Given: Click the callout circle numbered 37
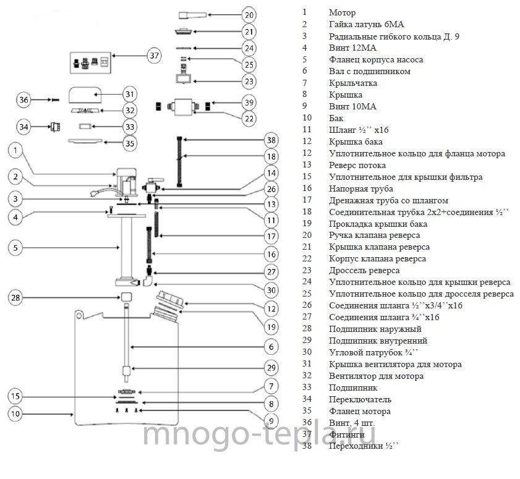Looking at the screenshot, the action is [x=154, y=56].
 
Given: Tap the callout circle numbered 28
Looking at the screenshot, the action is [x=15, y=298].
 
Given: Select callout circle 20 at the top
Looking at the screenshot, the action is [x=249, y=15].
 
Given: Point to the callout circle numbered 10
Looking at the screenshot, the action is [x=15, y=413].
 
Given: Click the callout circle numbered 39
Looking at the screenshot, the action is [x=249, y=103].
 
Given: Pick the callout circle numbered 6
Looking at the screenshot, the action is [x=271, y=347].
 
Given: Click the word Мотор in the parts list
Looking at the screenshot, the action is [x=343, y=12].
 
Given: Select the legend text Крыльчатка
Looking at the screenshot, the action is [x=353, y=83].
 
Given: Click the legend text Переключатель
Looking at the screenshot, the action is [x=360, y=400].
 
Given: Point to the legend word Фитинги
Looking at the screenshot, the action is [x=346, y=434].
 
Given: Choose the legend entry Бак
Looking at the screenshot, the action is [x=336, y=118].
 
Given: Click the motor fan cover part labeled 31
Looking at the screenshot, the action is [x=85, y=95].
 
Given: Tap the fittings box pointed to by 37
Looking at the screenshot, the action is [x=90, y=62].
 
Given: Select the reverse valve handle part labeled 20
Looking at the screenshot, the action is [x=192, y=15].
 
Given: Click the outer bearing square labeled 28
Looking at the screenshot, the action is [x=126, y=297].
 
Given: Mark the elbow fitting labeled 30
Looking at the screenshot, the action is [x=148, y=281].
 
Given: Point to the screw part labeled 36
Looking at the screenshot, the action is [x=54, y=100].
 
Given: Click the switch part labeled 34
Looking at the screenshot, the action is [x=55, y=127].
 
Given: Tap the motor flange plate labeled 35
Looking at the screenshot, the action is [x=85, y=141].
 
